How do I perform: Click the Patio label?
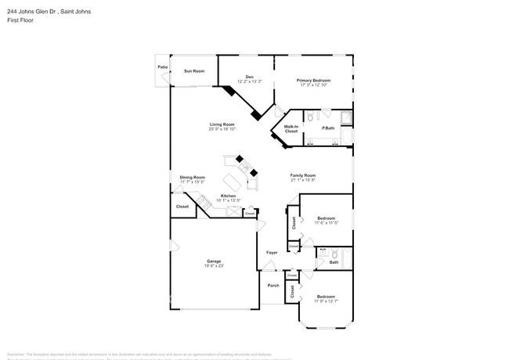click(163, 67)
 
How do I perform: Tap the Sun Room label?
click(193, 71)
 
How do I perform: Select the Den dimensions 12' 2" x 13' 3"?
click(244, 81)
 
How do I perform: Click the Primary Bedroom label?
click(313, 81)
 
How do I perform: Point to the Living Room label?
click(222, 124)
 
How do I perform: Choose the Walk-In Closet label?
click(291, 128)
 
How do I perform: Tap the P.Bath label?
click(329, 128)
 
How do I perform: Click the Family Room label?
click(302, 175)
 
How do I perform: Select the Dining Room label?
click(192, 177)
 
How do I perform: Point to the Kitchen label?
click(228, 196)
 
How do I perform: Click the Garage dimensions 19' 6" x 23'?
click(214, 266)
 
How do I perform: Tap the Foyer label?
click(272, 253)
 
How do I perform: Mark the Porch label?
click(273, 286)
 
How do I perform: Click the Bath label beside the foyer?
click(334, 262)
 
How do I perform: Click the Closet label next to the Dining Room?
click(182, 207)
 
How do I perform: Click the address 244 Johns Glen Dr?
click(31, 9)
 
